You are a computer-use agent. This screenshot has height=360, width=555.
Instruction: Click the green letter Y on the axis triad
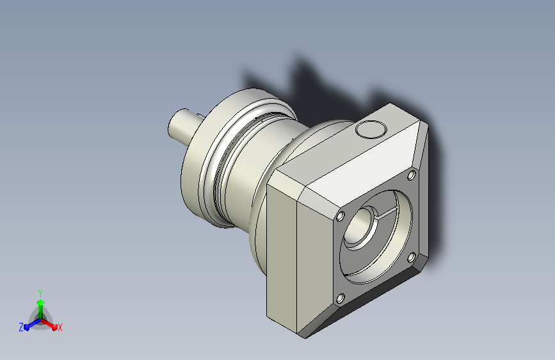point(40,293)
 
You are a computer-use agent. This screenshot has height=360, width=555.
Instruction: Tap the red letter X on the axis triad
point(60,327)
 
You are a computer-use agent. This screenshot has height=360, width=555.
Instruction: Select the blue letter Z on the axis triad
point(21,327)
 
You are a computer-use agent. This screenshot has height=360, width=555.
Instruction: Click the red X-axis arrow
point(49,324)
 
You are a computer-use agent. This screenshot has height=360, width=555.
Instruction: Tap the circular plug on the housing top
point(371,129)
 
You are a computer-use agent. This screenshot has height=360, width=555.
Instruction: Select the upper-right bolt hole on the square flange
point(412,175)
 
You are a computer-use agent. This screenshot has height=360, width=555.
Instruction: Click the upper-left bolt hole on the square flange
point(340,216)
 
